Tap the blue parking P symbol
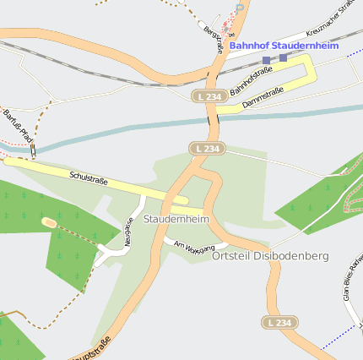pyautogui.click(x=240, y=7)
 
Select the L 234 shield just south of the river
pyautogui.click(x=205, y=149)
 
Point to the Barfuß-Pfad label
pyautogui.click(x=17, y=125)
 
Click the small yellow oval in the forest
pyautogui.click(x=49, y=222)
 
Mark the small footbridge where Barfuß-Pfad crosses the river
pyautogui.click(x=33, y=150)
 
